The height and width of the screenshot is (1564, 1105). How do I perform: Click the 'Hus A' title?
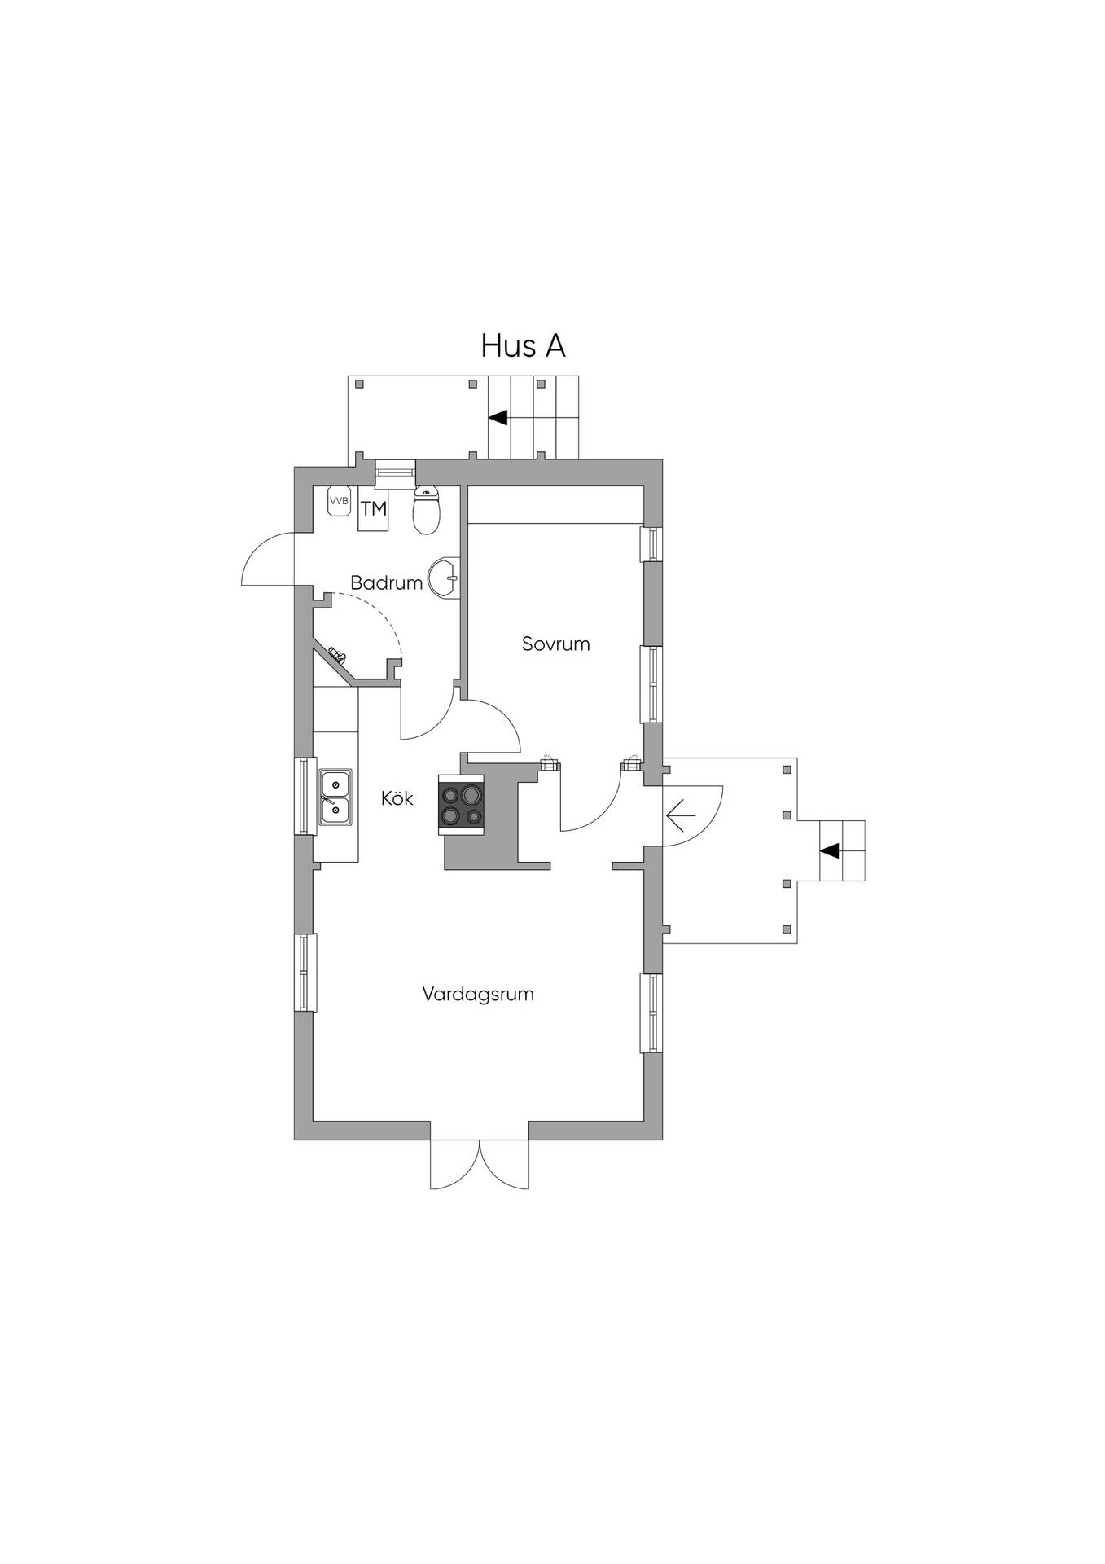point(523,345)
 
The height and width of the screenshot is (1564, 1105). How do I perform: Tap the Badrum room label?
point(386,582)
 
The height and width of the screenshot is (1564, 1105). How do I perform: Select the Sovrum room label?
point(555,644)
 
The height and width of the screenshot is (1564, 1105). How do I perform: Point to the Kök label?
point(397,798)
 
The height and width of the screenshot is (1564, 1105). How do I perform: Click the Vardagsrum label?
point(478,994)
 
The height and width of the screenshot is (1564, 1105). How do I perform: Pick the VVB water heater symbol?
point(339,501)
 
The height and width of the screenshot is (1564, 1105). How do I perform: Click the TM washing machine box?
point(374,509)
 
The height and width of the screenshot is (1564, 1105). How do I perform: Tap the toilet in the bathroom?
point(427,510)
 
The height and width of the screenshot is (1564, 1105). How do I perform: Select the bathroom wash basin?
point(445,578)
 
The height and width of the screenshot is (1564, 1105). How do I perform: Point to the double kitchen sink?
point(335,797)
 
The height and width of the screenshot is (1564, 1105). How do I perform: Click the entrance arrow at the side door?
point(681,815)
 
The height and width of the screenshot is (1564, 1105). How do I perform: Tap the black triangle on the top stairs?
point(498,417)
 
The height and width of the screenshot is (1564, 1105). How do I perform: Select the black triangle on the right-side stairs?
point(829,850)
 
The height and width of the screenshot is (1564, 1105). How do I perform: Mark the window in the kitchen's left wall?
point(305,796)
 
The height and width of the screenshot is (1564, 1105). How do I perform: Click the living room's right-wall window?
point(652,1013)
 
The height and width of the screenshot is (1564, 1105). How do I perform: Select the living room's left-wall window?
point(305,973)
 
